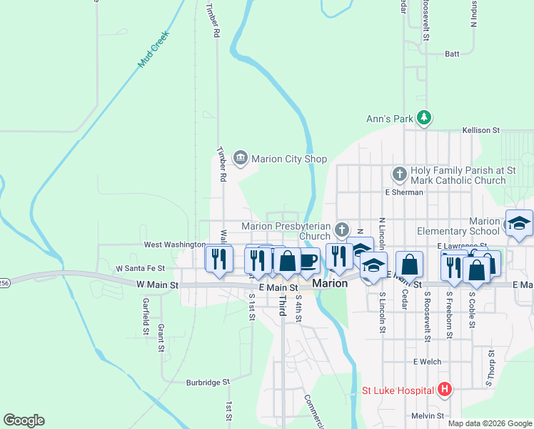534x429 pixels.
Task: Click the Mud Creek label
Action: [x=153, y=49]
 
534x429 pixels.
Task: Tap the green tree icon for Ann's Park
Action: [x=424, y=117]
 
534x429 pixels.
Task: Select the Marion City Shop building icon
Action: [x=240, y=159]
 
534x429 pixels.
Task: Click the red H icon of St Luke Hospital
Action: [x=445, y=390]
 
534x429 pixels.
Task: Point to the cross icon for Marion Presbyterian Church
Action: [x=343, y=230]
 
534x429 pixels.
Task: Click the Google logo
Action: [x=24, y=420]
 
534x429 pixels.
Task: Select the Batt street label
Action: [x=452, y=54]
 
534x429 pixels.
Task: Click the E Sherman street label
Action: [x=404, y=192]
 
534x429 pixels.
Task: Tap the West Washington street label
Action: [x=175, y=245]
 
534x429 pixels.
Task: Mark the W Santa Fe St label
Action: [x=140, y=268]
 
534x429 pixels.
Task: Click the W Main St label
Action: [x=156, y=285]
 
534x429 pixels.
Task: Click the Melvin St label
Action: [x=428, y=415]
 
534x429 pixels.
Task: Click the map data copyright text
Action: [x=490, y=423]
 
